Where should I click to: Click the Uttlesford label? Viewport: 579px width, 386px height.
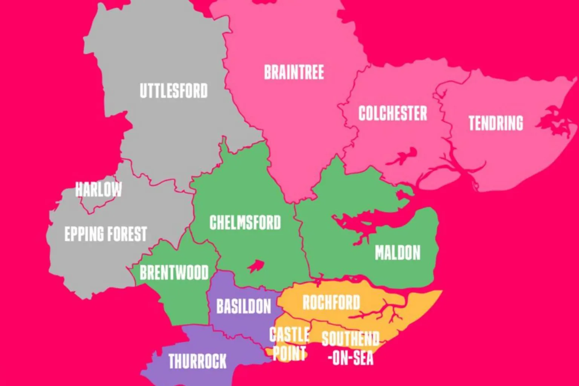(173, 91)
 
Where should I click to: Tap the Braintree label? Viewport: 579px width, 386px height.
(294, 72)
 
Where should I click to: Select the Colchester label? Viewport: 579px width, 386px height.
(392, 113)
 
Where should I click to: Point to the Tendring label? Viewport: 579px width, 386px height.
(496, 123)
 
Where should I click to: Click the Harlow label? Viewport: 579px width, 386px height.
(98, 189)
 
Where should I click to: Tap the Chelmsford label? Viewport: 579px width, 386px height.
(245, 223)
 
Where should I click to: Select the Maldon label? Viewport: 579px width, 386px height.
(397, 253)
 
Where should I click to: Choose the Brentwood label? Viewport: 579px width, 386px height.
(174, 273)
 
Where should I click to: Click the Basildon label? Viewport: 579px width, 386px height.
(244, 306)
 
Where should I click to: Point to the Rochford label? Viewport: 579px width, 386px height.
(331, 302)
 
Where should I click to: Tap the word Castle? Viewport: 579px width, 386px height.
(289, 335)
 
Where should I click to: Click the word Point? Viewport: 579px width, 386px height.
(289, 354)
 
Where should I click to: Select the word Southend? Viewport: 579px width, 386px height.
(350, 339)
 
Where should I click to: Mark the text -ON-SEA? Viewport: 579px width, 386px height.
(350, 357)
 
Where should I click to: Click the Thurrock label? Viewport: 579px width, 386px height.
(197, 361)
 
